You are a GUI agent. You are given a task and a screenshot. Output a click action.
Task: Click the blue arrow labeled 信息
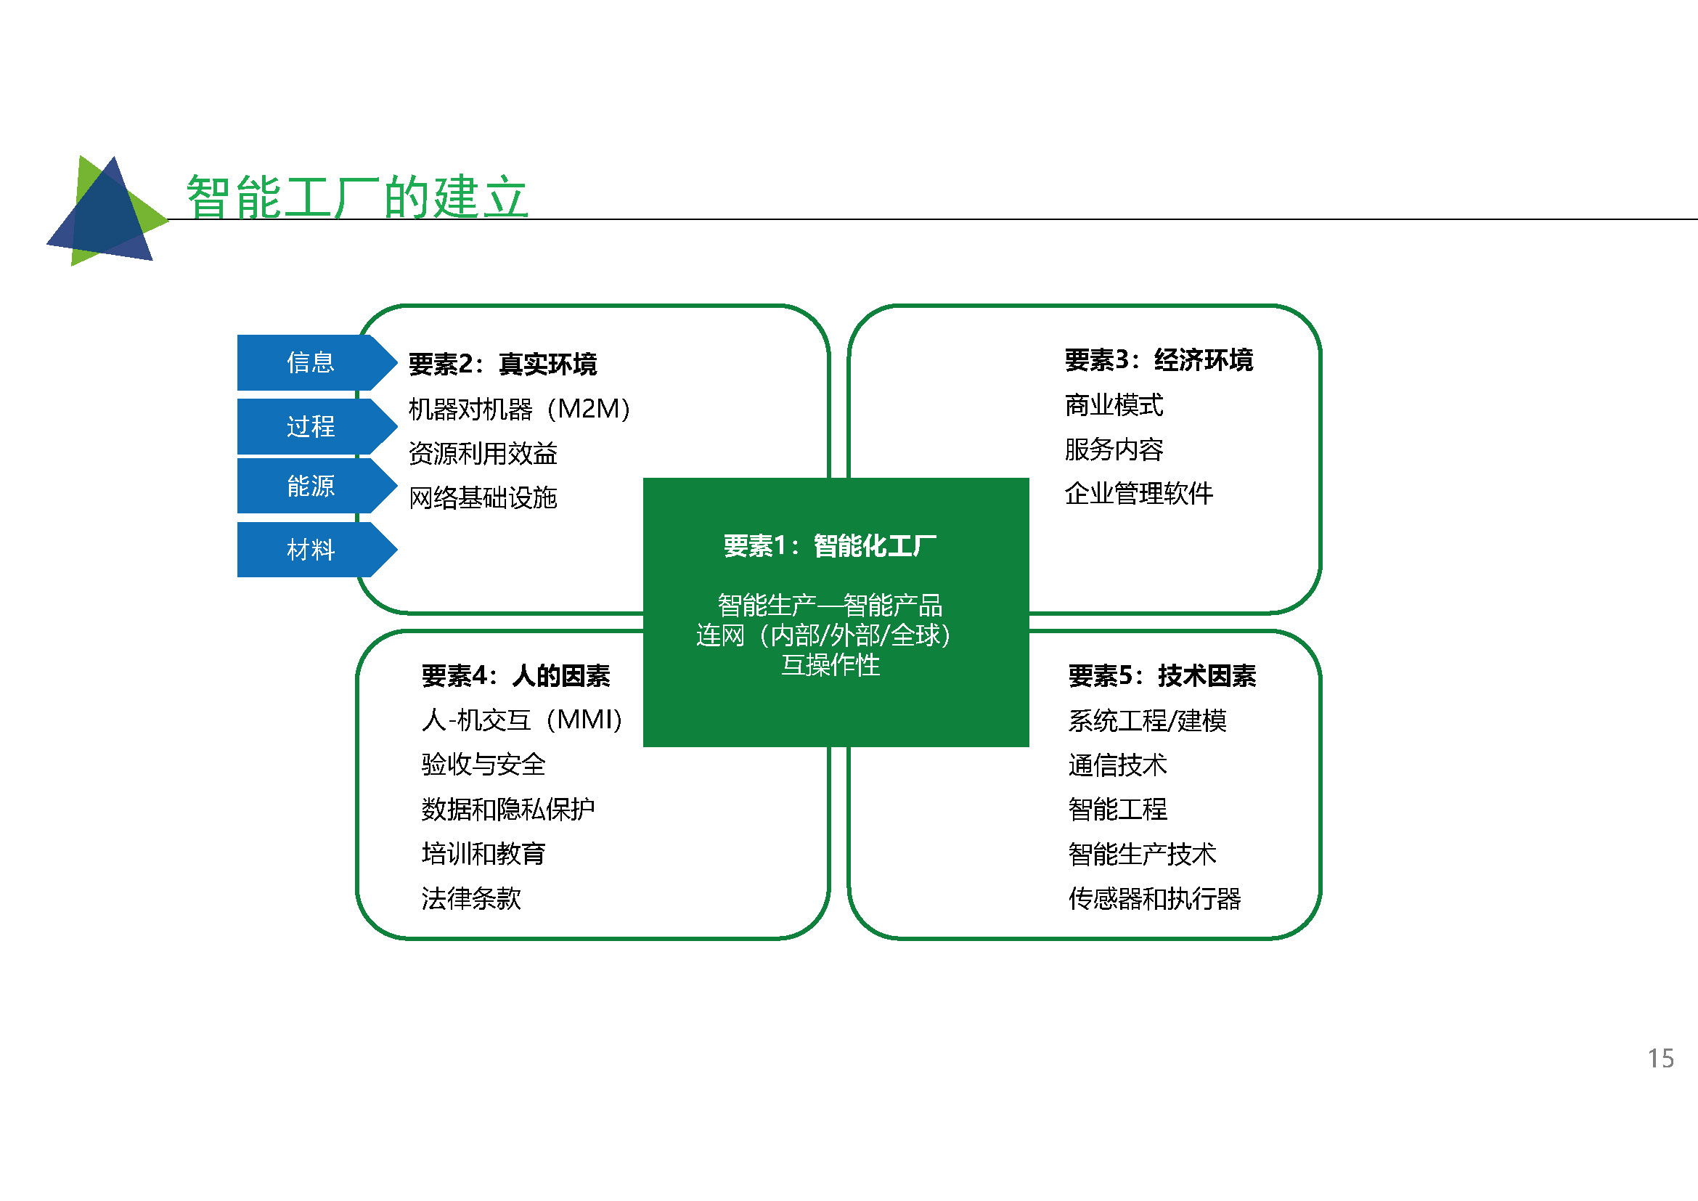(x=317, y=362)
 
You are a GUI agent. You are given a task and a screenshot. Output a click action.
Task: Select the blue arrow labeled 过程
(x=317, y=426)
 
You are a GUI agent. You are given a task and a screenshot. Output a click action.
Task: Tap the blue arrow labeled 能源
(x=317, y=486)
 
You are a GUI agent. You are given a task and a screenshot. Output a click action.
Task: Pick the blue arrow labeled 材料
(x=317, y=550)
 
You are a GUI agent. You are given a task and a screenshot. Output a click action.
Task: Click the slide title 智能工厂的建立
(x=357, y=197)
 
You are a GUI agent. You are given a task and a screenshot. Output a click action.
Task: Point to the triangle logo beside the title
(x=108, y=211)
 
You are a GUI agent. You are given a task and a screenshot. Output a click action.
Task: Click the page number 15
(x=1660, y=1058)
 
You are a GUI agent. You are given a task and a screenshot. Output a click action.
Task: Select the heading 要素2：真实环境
(x=502, y=364)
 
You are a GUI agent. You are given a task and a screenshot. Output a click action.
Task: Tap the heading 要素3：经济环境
(x=1159, y=360)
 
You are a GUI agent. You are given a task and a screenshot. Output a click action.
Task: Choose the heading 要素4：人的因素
(x=515, y=675)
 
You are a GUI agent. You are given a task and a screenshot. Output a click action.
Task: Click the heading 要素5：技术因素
(x=1162, y=675)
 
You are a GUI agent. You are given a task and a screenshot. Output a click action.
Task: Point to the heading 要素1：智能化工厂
(x=830, y=546)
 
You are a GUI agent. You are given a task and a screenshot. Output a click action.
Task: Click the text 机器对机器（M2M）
(x=520, y=408)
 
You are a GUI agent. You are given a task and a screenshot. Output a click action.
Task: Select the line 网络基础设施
(x=483, y=497)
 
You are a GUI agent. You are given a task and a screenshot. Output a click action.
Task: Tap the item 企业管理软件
(x=1139, y=493)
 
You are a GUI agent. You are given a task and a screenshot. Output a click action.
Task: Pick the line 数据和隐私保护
(x=508, y=809)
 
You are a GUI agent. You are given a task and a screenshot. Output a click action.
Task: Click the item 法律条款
(x=471, y=898)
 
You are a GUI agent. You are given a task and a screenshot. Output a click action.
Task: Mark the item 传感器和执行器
(x=1154, y=898)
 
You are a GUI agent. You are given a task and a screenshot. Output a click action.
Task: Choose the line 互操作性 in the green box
(x=830, y=665)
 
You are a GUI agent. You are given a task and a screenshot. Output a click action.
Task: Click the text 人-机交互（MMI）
(x=523, y=720)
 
